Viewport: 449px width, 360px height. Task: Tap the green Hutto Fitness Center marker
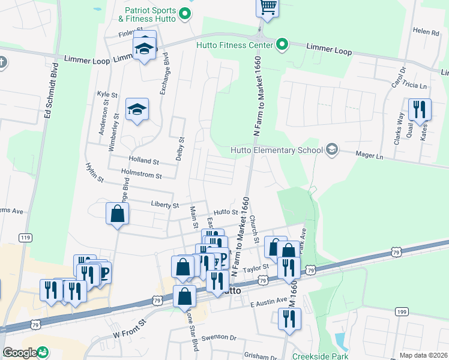281,45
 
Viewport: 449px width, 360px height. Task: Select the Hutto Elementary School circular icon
331,150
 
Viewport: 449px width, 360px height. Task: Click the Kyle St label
106,95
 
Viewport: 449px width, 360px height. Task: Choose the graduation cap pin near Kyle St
137,110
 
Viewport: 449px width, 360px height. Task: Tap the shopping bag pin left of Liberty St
118,214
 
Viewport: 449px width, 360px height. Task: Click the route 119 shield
25,238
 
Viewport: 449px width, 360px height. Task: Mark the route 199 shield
402,311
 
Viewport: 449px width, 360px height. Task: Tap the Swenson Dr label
220,338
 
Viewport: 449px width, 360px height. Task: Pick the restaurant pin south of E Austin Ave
290,319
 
